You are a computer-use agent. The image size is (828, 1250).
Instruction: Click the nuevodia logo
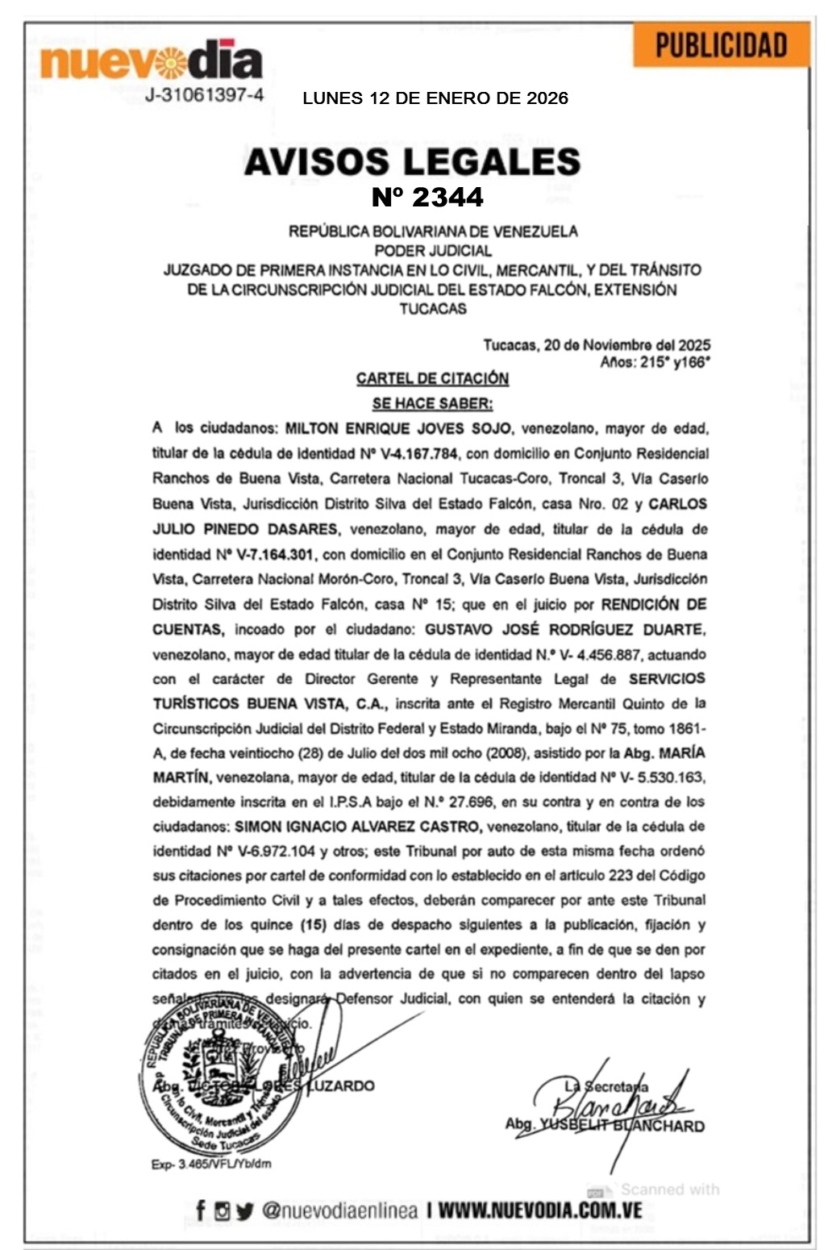pos(151,61)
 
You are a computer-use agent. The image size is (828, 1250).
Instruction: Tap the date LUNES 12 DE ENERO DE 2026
pos(435,98)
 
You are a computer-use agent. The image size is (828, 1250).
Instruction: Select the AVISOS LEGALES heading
pos(412,161)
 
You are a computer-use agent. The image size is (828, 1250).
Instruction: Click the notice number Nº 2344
pos(427,197)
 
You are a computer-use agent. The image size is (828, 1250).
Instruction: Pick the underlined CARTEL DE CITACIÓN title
pos(432,378)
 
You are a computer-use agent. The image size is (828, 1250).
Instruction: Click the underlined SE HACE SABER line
pos(432,402)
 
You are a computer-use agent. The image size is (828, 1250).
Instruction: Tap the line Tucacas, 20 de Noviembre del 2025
pos(597,345)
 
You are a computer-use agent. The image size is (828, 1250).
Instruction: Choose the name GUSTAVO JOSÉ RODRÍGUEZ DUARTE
pos(564,629)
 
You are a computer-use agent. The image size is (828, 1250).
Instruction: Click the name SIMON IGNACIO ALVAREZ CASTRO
pos(358,827)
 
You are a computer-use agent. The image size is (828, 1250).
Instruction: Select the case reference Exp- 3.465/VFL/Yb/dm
pos(211,1164)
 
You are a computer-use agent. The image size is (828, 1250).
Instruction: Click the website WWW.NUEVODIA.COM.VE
pos(540,1210)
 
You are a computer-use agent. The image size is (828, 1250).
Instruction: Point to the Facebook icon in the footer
pos(201,1210)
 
